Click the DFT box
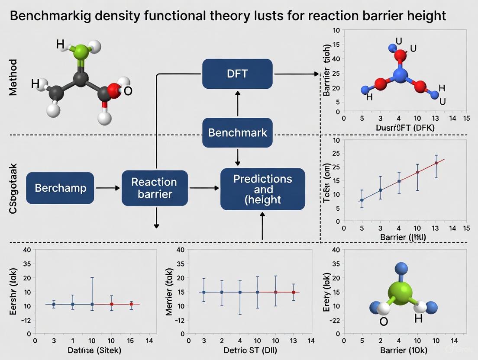pos(237,74)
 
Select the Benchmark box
pos(237,132)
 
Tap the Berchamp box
pos(60,188)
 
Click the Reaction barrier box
pos(155,188)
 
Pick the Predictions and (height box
pos(263,189)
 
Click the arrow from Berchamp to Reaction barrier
pos(107,188)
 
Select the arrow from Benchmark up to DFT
pos(237,104)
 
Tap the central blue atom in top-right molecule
pos(401,74)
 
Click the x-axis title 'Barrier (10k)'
pos(404,350)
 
